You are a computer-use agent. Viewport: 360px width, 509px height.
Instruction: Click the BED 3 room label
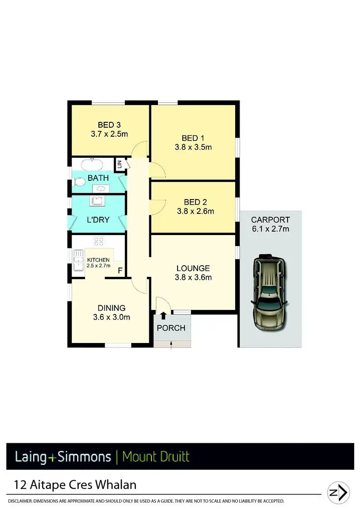coord(109,125)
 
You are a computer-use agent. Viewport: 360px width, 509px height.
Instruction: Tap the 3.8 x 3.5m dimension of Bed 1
coord(193,147)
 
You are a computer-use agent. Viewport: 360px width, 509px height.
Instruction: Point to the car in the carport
coord(270,292)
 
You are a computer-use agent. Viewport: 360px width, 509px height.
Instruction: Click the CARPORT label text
coord(270,220)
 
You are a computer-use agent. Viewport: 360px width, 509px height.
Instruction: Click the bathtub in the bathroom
coord(91,165)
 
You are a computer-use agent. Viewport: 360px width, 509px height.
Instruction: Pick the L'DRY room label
coord(98,220)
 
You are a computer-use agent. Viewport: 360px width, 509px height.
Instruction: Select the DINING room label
coord(111,308)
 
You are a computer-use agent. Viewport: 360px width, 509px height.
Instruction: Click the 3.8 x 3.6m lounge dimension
coord(193,277)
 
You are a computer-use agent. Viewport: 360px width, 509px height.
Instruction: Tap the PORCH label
coord(171,328)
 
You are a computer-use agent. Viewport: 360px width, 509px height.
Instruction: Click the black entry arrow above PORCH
coord(164,315)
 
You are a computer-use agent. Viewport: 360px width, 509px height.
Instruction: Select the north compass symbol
coord(338,493)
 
